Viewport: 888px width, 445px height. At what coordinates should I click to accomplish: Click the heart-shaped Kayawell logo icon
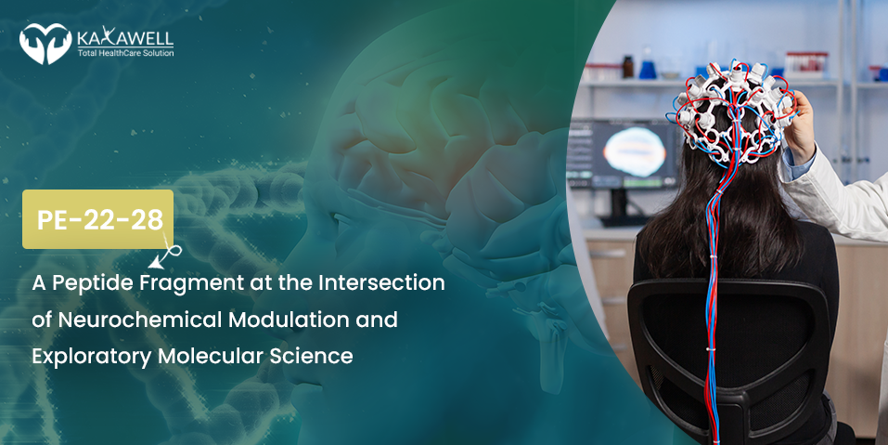coord(45,44)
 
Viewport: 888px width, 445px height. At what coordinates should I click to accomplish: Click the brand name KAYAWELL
coord(125,38)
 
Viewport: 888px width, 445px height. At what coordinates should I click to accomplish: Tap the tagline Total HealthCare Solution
coord(125,53)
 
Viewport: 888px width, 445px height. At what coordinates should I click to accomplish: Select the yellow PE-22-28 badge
coord(98,219)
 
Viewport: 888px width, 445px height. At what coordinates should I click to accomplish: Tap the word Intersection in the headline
coord(381,282)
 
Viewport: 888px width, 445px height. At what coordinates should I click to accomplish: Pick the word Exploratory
coord(92,357)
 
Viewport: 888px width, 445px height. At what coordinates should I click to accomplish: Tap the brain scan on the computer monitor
coord(635,151)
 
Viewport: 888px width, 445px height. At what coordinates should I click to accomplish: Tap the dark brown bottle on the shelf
coord(628,67)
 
